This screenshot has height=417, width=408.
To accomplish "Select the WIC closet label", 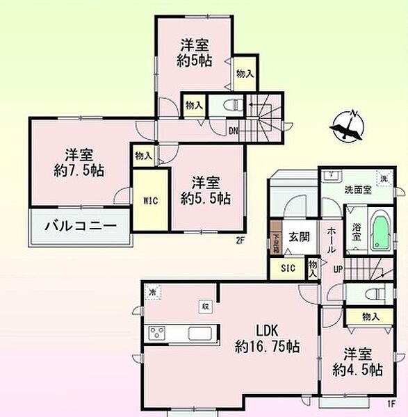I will coord(152,201).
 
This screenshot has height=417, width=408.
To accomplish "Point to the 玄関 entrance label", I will coord(300,235).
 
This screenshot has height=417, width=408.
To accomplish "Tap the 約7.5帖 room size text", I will coord(76,171).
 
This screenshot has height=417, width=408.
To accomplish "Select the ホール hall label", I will coord(332,238).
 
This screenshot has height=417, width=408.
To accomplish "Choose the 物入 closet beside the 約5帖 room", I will coord(243,74).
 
